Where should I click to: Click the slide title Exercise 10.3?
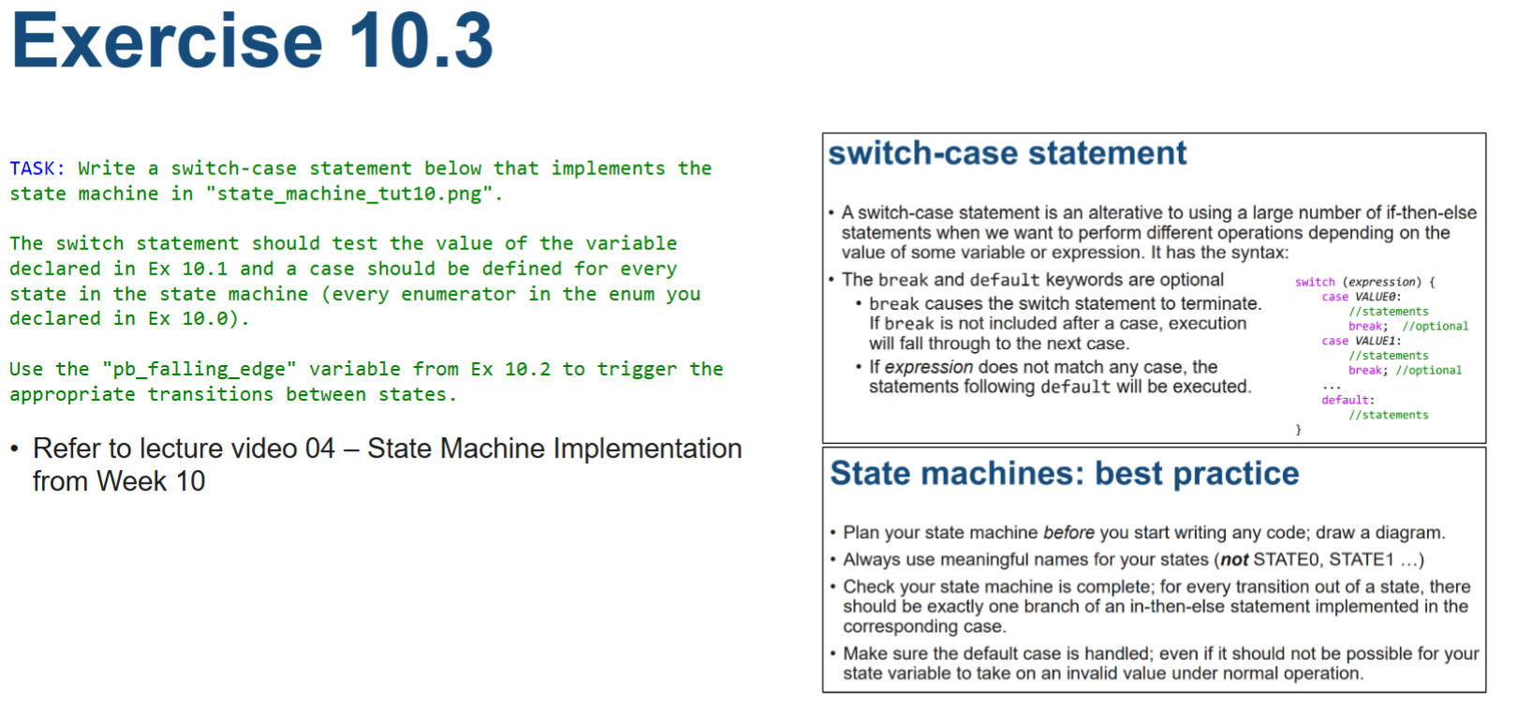[x=251, y=41]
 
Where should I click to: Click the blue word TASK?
[x=37, y=169]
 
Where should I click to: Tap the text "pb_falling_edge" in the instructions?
[x=199, y=369]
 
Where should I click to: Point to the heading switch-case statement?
[x=1007, y=154]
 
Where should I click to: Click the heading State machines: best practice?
[x=1064, y=474]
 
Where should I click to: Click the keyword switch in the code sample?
[x=1315, y=282]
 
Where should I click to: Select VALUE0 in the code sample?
[x=1377, y=297]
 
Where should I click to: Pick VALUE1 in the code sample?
[x=1377, y=341]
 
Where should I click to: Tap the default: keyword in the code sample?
[x=1348, y=400]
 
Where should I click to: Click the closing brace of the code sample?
[x=1298, y=430]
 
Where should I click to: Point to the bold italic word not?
[x=1234, y=560]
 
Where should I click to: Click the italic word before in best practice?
[x=1069, y=533]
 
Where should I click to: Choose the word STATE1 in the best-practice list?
[x=1361, y=560]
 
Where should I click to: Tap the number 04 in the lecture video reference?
[x=319, y=449]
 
